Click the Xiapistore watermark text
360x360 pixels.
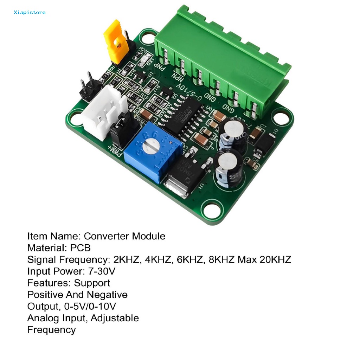click(x=30, y=13)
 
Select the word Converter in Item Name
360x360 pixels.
click(x=107, y=236)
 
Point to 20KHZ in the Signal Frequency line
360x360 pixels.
click(x=275, y=260)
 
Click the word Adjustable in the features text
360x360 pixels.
click(x=115, y=318)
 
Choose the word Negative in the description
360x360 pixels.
click(x=107, y=295)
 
